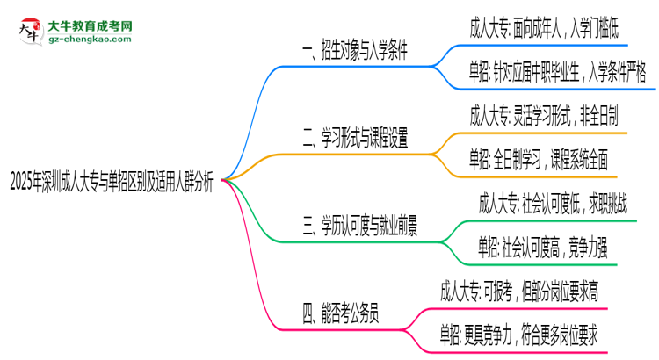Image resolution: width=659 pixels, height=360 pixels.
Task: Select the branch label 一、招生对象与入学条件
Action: [x=354, y=51]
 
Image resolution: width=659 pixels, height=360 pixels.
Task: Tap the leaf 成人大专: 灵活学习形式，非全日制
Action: [x=544, y=115]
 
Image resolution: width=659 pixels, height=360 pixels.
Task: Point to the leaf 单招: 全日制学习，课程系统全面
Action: [x=538, y=158]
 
